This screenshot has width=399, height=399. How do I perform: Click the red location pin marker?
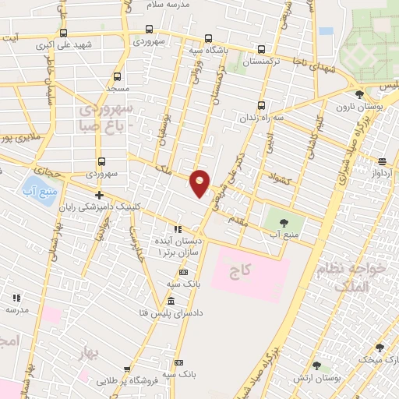tap(200, 183)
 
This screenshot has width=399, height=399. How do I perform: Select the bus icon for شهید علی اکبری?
tap(63, 33)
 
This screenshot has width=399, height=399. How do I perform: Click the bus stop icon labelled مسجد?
tap(118, 76)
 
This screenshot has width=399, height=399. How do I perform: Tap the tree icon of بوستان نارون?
tap(359, 95)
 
